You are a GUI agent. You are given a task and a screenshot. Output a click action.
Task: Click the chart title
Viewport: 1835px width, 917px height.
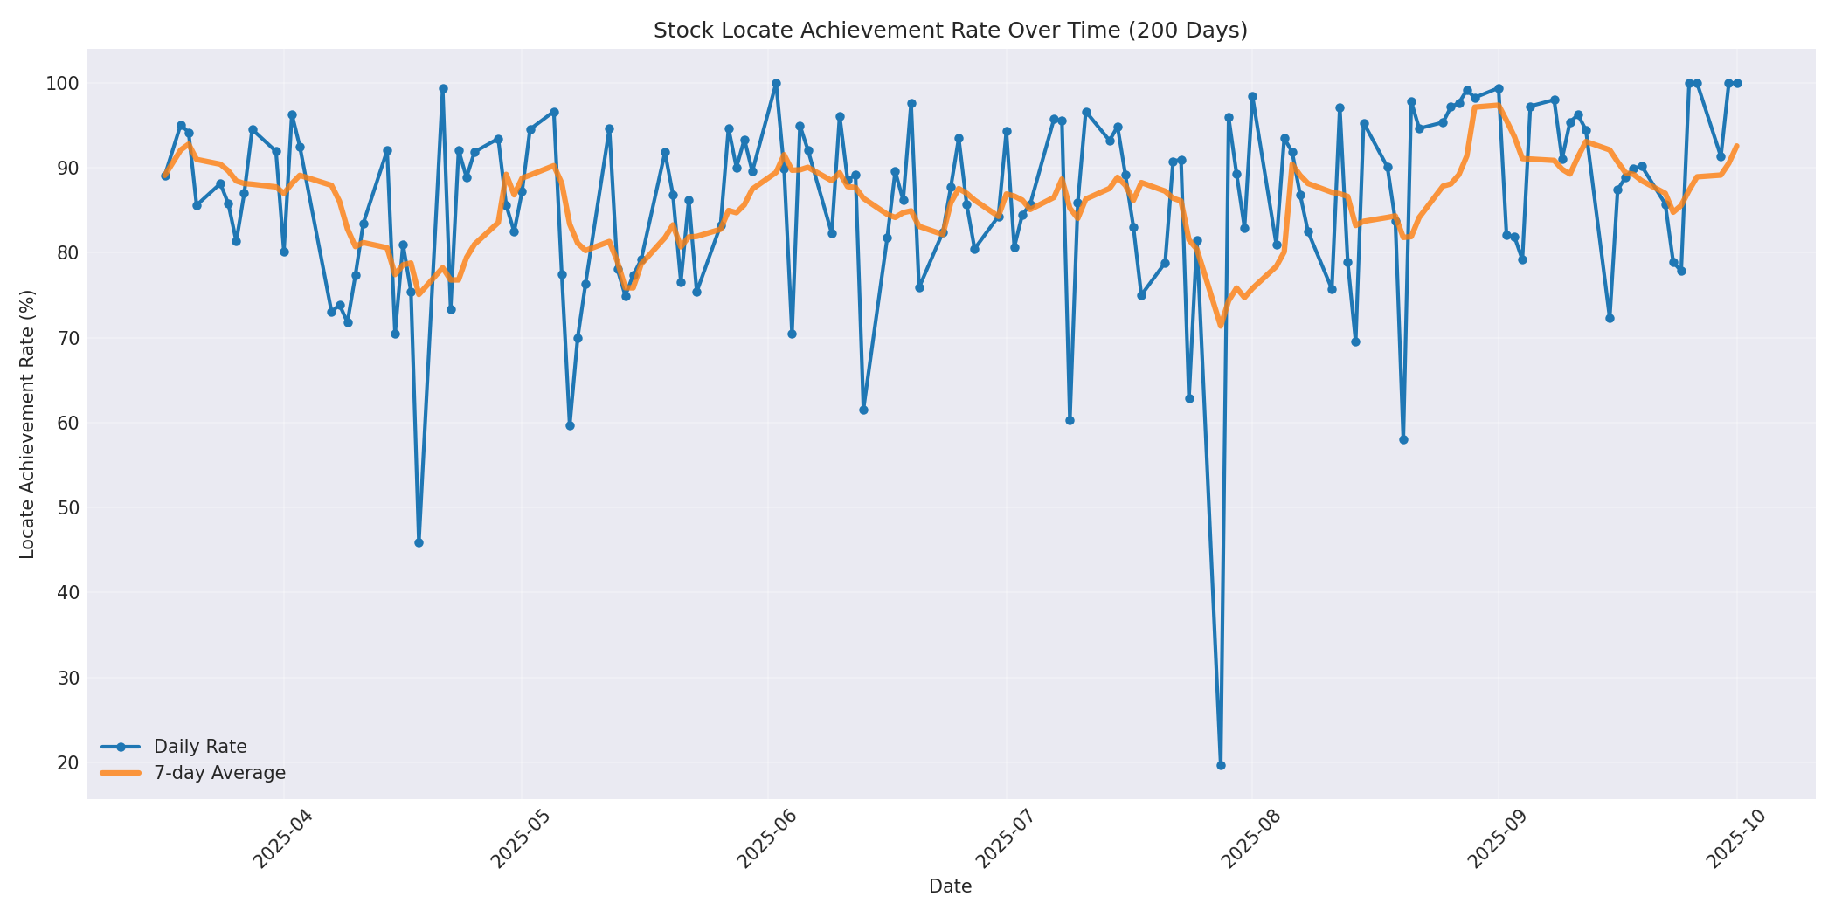click(950, 31)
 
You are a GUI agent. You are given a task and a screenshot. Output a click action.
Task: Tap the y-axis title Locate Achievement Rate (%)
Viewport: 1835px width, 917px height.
click(27, 424)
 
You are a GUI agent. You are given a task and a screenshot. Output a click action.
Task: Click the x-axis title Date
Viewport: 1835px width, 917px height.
click(950, 886)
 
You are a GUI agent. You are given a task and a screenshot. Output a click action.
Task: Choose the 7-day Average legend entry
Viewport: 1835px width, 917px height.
click(219, 773)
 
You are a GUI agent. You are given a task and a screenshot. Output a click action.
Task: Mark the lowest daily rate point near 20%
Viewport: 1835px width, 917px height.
click(1221, 765)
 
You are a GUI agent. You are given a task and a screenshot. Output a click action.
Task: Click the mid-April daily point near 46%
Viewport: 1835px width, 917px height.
click(419, 542)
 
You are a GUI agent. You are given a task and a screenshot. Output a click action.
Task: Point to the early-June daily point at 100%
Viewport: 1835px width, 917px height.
click(776, 84)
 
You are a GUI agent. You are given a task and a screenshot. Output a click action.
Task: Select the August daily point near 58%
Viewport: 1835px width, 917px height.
click(1403, 439)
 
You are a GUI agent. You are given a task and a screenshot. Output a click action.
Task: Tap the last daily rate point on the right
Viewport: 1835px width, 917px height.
click(1737, 84)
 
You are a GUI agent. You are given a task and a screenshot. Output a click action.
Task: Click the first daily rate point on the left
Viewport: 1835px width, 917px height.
click(165, 176)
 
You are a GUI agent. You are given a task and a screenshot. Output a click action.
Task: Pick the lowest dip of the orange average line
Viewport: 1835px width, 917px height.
click(1221, 326)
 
